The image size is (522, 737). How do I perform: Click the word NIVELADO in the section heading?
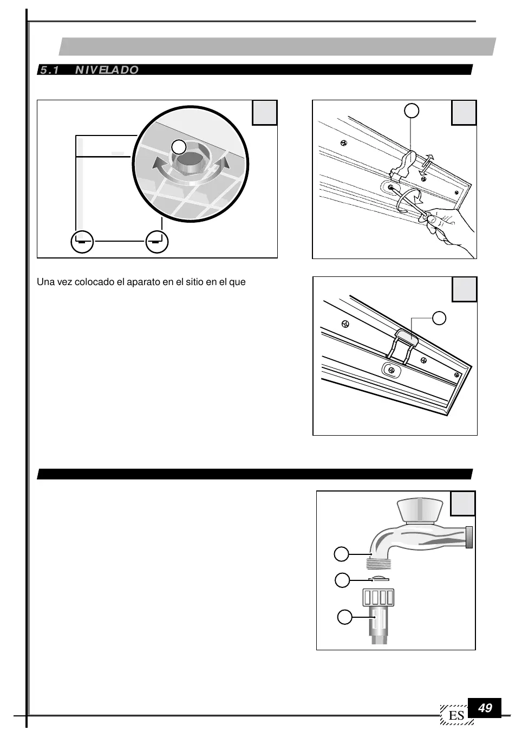coord(107,70)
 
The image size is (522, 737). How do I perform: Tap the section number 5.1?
coord(49,70)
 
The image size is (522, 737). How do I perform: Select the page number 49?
coord(485,708)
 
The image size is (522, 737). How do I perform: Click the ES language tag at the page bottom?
coord(456,715)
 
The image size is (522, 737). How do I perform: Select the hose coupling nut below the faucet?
coord(379,597)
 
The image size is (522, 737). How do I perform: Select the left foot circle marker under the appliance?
coord(82,242)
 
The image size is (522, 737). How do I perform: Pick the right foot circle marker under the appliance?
coord(157,242)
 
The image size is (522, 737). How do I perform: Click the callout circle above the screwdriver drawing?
coord(412,111)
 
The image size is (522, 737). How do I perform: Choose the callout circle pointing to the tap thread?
coord(341,554)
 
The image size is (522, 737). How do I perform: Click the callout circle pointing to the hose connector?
coord(345,617)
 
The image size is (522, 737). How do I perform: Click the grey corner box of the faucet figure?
coord(464,503)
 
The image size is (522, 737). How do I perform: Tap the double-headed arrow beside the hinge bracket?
coord(427,163)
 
